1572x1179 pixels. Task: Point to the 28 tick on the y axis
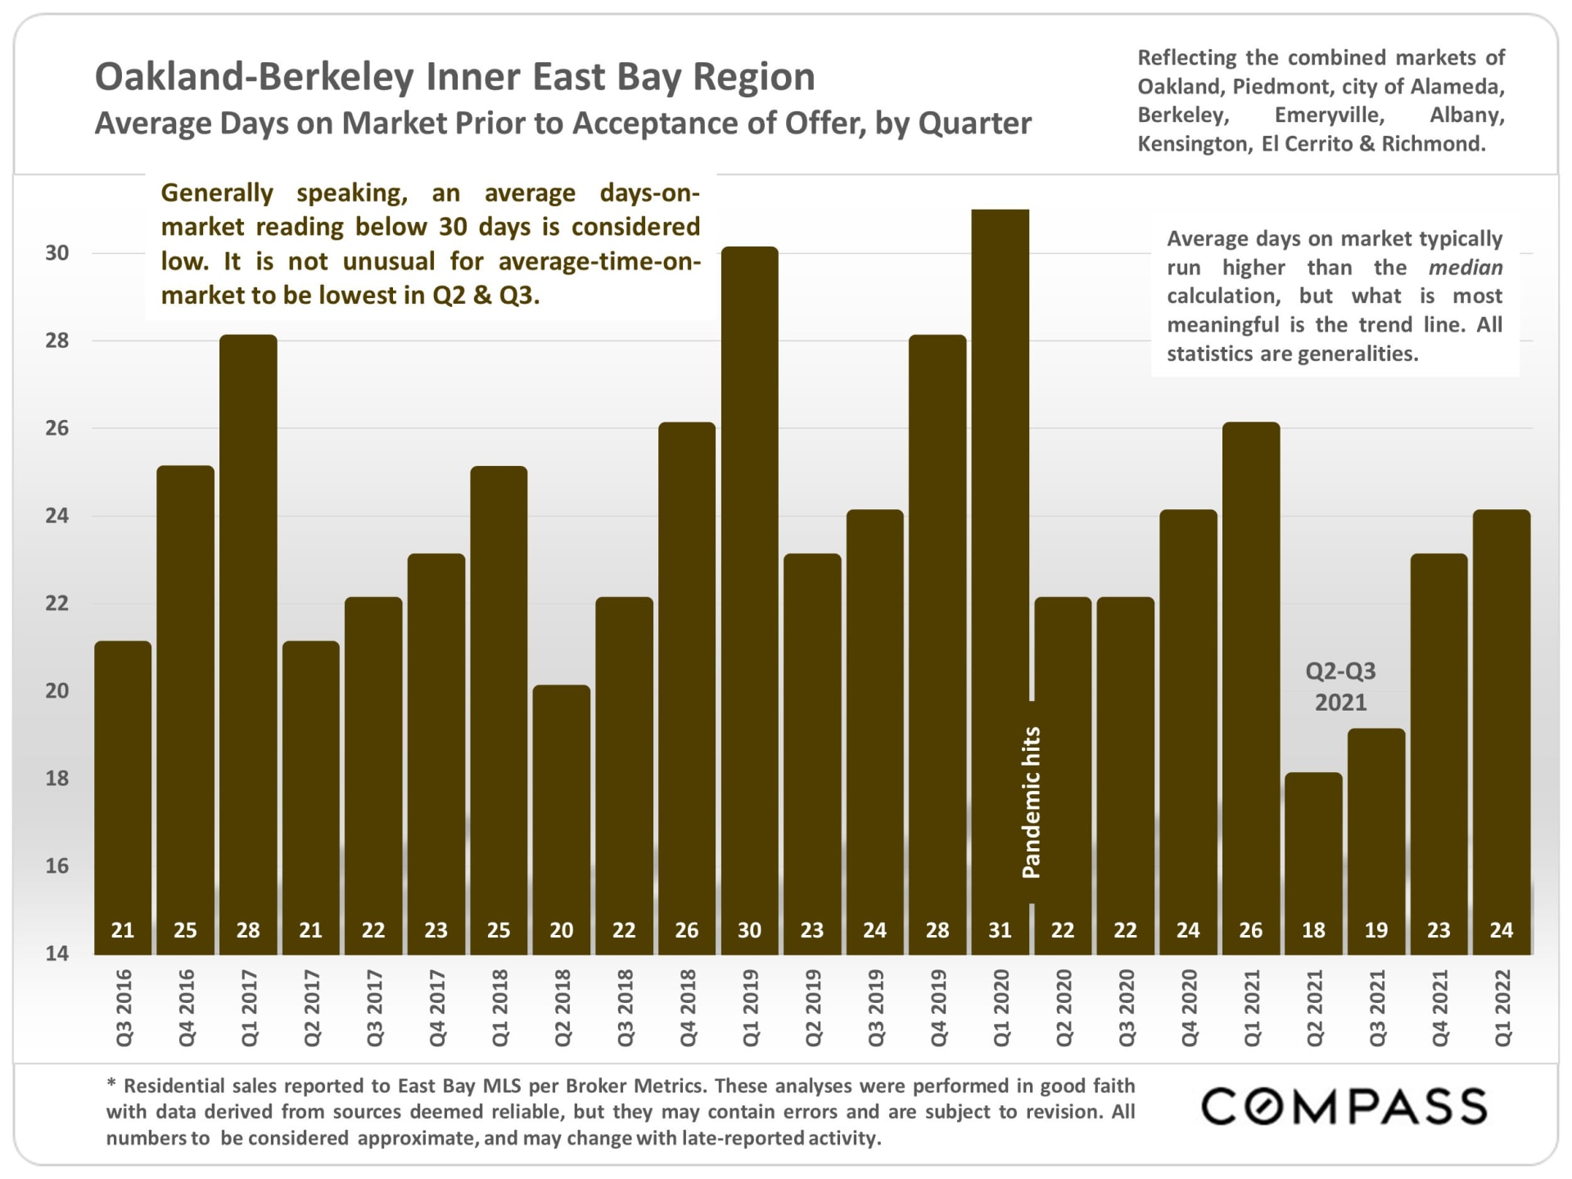[57, 341]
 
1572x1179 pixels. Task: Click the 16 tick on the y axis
[57, 865]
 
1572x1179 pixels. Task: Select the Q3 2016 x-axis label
[124, 1008]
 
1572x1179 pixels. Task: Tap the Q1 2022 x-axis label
[1502, 1008]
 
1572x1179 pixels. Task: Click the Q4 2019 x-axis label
[938, 1008]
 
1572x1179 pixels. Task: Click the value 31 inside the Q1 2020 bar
[1000, 930]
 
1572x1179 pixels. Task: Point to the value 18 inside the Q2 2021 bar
[1313, 930]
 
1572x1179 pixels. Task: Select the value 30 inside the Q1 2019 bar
[749, 930]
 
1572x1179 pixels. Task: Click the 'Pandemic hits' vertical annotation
[1031, 802]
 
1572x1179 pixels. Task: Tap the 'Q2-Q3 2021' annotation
[1340, 686]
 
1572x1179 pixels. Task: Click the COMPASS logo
[1344, 1107]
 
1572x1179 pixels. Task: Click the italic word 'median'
[1466, 268]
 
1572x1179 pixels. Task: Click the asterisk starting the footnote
[111, 1085]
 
